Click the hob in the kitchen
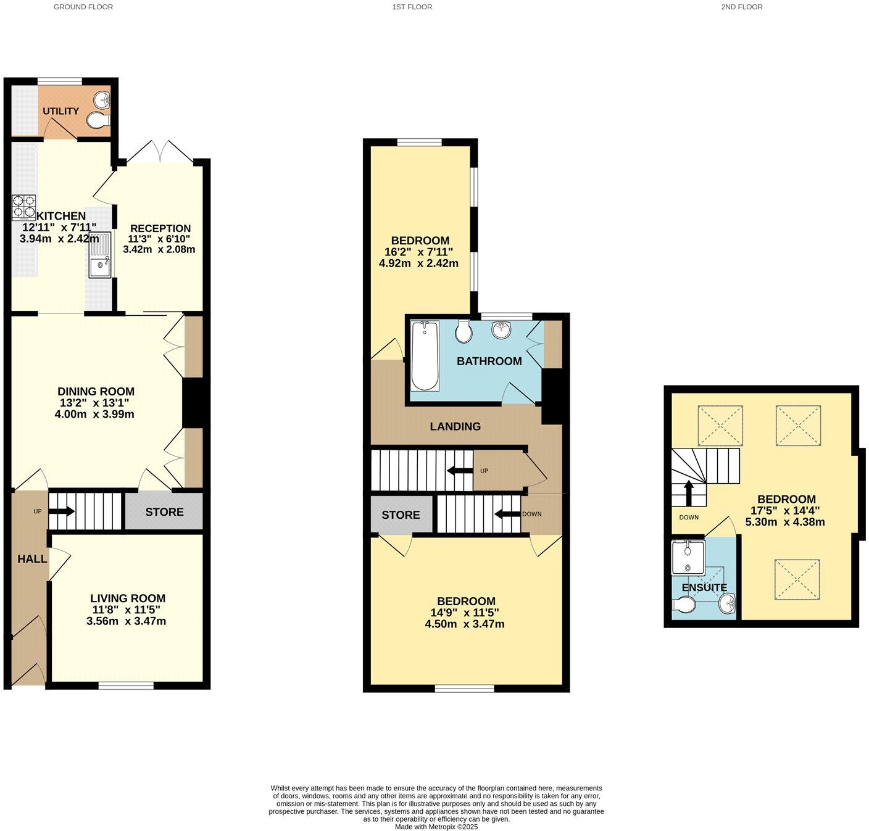(x=23, y=207)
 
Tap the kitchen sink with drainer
(x=99, y=255)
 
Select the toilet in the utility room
(x=97, y=121)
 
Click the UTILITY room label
(x=60, y=111)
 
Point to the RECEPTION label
(x=160, y=228)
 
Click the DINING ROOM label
(x=96, y=391)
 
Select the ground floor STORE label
(x=164, y=511)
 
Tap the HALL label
(x=32, y=559)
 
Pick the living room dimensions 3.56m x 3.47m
(x=127, y=621)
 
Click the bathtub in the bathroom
(x=425, y=356)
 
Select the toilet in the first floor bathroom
(x=463, y=331)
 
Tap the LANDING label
(x=455, y=426)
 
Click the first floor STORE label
(x=401, y=515)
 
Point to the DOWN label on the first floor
(x=531, y=514)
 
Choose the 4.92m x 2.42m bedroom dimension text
(x=418, y=263)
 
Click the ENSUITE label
(x=704, y=587)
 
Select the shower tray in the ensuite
(x=688, y=558)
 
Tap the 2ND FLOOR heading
(x=741, y=7)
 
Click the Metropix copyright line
(x=436, y=827)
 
